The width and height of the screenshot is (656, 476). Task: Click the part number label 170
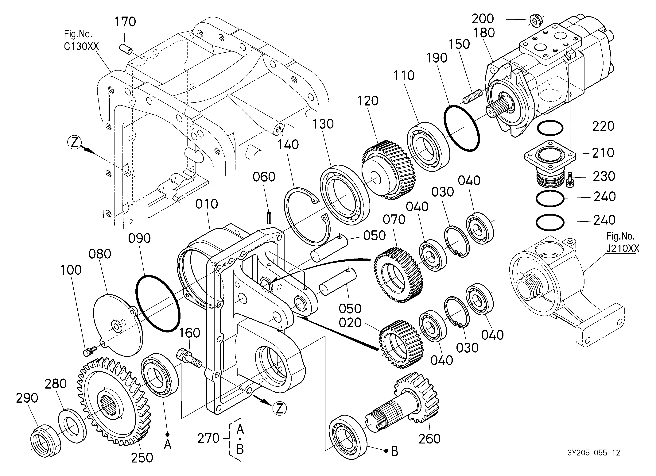[x=125, y=22]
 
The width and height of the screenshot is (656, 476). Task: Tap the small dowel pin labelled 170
[x=126, y=48]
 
